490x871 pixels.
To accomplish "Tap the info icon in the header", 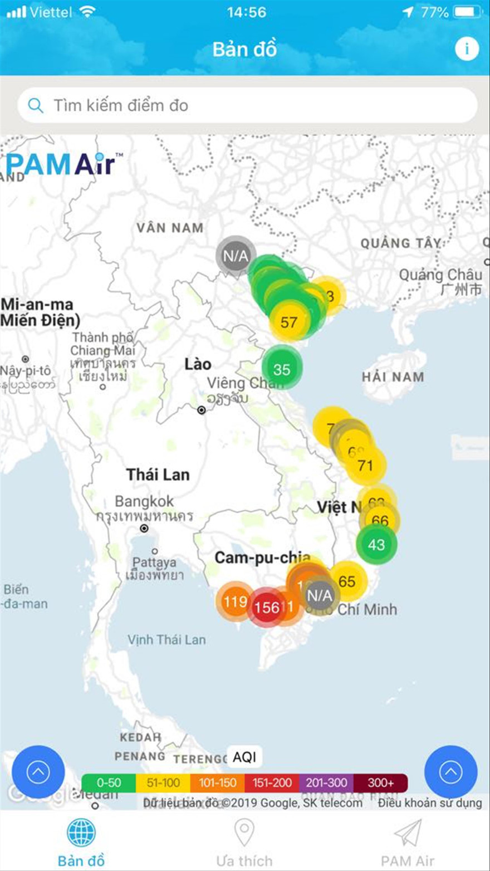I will click(x=467, y=49).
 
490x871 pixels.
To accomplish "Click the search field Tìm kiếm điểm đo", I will click(x=247, y=105).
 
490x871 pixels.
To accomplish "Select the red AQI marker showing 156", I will click(x=266, y=607).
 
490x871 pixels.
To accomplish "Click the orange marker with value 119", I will click(x=235, y=601).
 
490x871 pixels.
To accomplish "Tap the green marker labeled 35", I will click(x=282, y=369).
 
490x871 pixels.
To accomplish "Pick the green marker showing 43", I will click(x=376, y=544).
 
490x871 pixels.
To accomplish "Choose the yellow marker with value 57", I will click(x=289, y=322).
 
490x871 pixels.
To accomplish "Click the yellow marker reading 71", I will click(x=365, y=465).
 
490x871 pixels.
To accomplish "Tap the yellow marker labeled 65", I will click(x=347, y=581).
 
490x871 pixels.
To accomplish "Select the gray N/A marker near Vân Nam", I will click(x=236, y=256).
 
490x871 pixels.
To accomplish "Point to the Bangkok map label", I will click(x=144, y=501).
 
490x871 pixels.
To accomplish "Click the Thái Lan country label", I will click(x=158, y=474).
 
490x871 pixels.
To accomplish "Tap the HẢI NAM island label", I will click(x=393, y=377).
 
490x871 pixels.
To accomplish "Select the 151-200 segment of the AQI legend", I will click(x=272, y=782).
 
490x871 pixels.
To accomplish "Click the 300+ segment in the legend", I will click(x=381, y=782).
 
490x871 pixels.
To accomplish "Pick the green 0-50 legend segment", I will click(x=109, y=782).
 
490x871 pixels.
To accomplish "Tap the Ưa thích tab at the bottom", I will click(x=244, y=844).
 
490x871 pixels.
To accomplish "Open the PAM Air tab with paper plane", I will click(x=408, y=844).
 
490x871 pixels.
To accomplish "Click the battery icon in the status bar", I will click(x=467, y=12).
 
